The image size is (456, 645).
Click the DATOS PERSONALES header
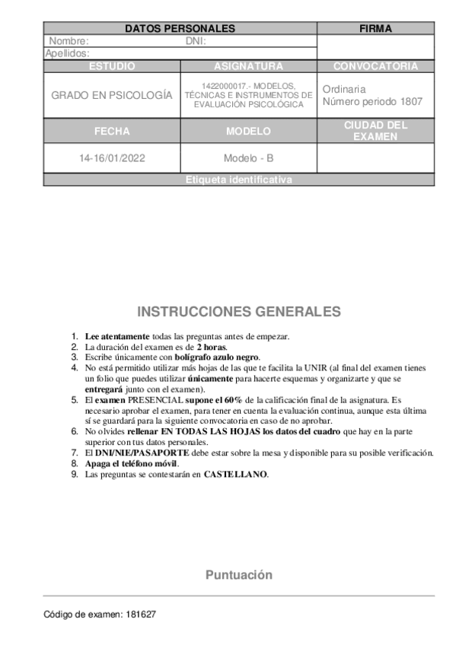(180, 29)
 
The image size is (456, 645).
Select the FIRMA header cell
(375, 29)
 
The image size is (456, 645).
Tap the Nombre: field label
(69, 41)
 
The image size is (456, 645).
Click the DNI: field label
(196, 41)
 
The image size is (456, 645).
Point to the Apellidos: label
(68, 53)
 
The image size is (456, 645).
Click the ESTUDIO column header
(112, 66)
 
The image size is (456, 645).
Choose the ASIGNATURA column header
(248, 66)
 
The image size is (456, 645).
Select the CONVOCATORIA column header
(375, 66)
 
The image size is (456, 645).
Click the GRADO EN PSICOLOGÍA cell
(112, 96)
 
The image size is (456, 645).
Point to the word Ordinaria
(344, 89)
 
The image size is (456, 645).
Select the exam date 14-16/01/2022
(112, 159)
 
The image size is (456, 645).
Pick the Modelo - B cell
(248, 159)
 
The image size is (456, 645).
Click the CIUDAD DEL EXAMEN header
(375, 131)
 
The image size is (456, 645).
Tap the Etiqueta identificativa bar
(238, 180)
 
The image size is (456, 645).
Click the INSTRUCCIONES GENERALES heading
(239, 312)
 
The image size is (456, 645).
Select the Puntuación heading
(238, 575)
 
